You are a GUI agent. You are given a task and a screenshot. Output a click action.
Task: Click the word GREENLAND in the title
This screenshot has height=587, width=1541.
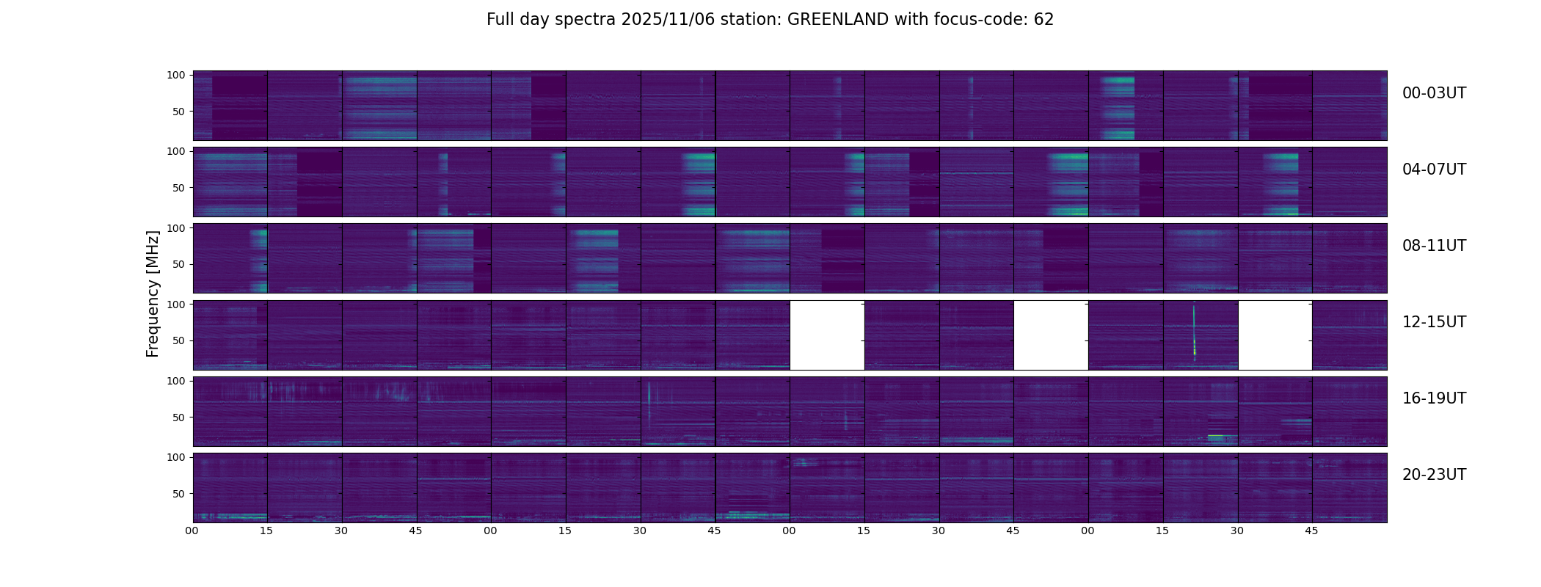click(837, 20)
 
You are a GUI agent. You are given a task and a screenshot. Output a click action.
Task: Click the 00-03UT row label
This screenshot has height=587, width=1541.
click(1434, 93)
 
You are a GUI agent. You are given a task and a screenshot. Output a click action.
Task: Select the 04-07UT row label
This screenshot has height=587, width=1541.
click(1434, 169)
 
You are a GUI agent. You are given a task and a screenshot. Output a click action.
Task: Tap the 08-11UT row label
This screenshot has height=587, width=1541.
click(1434, 246)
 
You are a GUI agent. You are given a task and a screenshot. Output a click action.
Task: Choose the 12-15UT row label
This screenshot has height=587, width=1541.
click(1434, 322)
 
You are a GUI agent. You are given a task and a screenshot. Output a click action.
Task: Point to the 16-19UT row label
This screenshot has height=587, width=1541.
click(1434, 398)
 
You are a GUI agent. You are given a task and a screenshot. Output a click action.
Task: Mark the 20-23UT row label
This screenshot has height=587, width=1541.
click(1434, 475)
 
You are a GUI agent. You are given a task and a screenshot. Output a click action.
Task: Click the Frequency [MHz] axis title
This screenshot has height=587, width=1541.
click(153, 293)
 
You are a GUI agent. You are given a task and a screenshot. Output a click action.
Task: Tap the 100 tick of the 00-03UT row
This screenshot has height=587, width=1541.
click(176, 75)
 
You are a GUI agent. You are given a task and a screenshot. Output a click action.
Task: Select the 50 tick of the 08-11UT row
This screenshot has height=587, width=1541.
click(179, 264)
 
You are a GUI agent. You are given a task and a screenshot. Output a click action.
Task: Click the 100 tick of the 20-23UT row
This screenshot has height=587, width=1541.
click(176, 457)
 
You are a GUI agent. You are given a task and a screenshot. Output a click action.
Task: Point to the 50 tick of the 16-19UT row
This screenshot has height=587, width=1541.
click(179, 418)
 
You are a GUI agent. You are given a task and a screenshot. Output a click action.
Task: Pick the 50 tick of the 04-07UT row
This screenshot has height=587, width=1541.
click(179, 188)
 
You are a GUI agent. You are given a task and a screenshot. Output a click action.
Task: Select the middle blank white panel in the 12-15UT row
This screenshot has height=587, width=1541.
click(1051, 335)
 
